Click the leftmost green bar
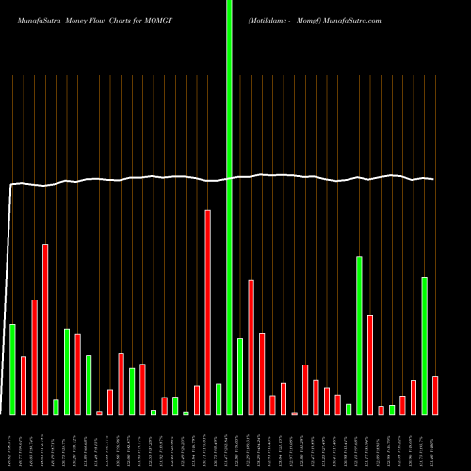click(x=13, y=369)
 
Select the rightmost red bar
click(x=435, y=395)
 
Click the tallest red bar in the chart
click(x=208, y=312)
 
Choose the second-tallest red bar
click(x=45, y=329)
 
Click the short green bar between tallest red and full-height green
click(x=219, y=399)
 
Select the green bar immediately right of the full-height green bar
click(x=240, y=376)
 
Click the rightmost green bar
click(x=424, y=346)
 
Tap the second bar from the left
click(x=24, y=385)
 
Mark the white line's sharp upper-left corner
click(x=10, y=185)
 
